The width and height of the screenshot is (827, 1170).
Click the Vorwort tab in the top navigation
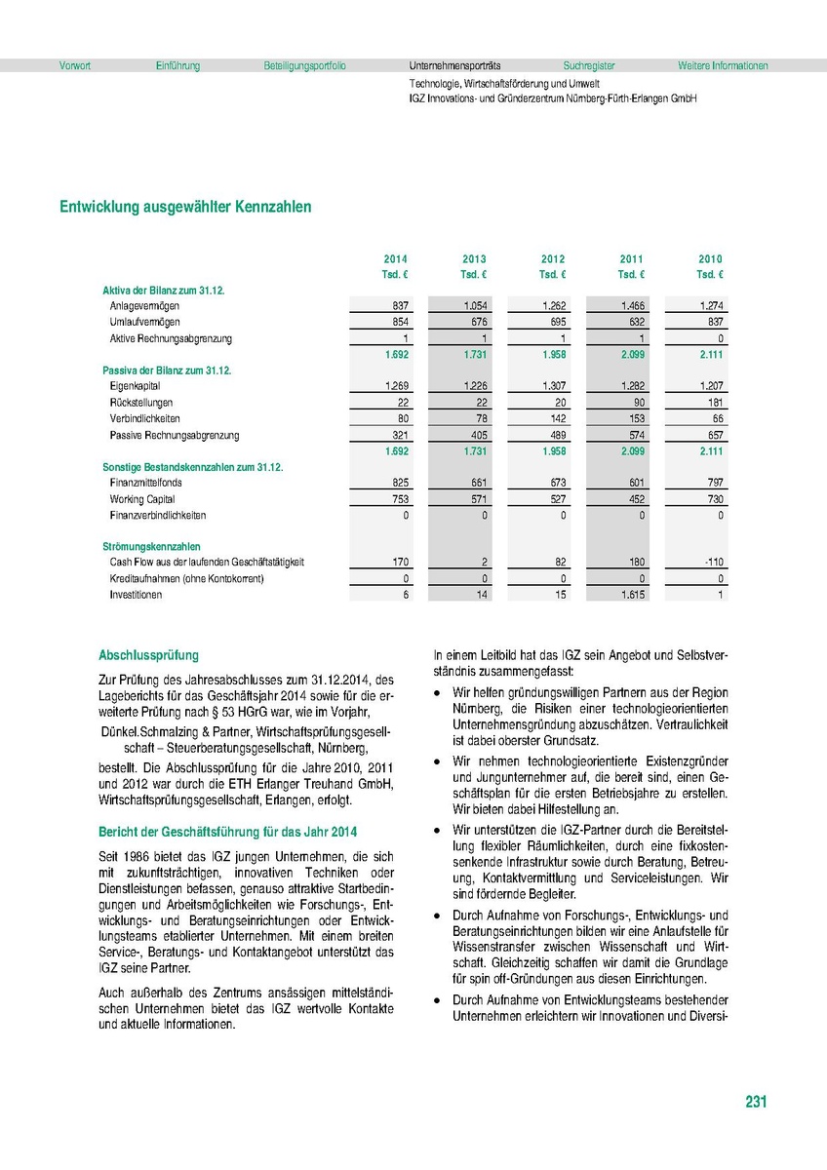pyautogui.click(x=75, y=66)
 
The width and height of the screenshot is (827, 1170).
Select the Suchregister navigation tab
pyautogui.click(x=589, y=66)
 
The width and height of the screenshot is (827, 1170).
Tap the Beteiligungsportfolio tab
pyautogui.click(x=304, y=66)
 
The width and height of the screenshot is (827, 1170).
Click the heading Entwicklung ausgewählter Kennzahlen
pyautogui.click(x=185, y=207)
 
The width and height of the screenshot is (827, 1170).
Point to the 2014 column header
pyautogui.click(x=396, y=259)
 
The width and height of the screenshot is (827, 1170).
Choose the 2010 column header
pyautogui.click(x=710, y=259)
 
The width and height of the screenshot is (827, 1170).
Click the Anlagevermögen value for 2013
pyautogui.click(x=474, y=306)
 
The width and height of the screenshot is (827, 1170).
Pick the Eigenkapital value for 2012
pyautogui.click(x=552, y=387)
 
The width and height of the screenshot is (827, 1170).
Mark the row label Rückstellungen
pyautogui.click(x=141, y=403)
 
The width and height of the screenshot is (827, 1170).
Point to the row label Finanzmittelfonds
pyautogui.click(x=145, y=483)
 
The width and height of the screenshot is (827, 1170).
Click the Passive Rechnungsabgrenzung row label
pyautogui.click(x=175, y=435)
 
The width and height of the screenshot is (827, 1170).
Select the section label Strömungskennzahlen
pyautogui.click(x=151, y=547)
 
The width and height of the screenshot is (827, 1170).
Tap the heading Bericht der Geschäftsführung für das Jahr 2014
pyautogui.click(x=227, y=832)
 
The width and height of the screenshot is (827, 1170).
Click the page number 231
pyautogui.click(x=756, y=1102)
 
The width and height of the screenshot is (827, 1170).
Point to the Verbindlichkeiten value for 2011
pyautogui.click(x=632, y=419)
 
